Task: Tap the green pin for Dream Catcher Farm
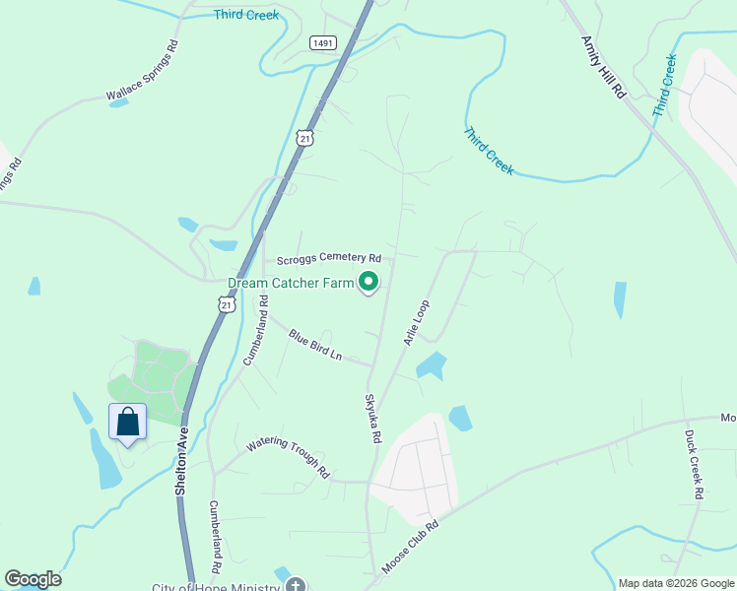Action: (369, 283)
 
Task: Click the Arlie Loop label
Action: (416, 322)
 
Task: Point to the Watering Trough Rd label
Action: (288, 458)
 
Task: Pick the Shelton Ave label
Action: (182, 460)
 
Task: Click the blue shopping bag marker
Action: (128, 423)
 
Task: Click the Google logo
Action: (33, 579)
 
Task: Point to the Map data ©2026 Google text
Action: (676, 583)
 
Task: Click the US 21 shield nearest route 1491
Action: (304, 137)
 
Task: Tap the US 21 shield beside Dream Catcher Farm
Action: (228, 306)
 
